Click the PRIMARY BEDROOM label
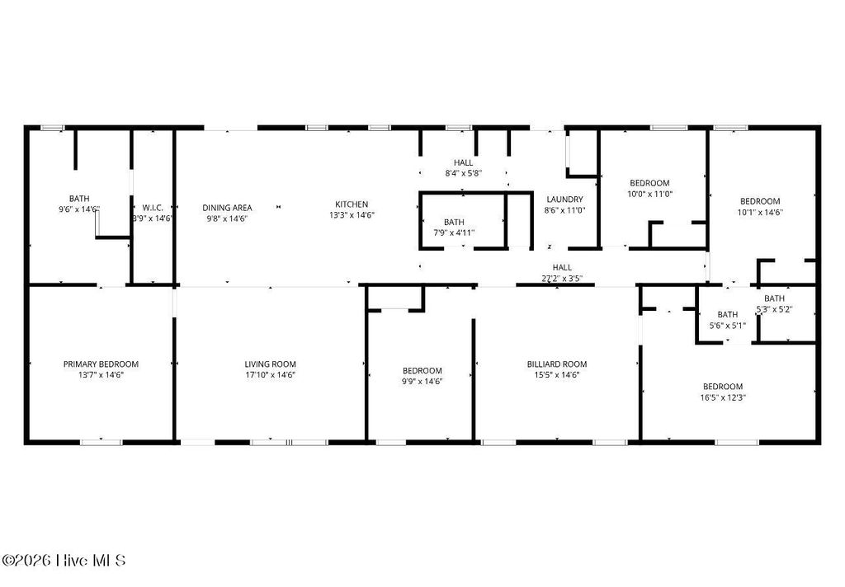pos(101,364)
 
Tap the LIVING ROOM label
pos(270,364)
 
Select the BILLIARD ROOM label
pos(557,364)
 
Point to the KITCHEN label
pos(352,204)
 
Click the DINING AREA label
pos(229,208)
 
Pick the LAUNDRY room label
pos(565,200)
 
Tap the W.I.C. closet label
pos(152,208)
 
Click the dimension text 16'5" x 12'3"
pos(723,397)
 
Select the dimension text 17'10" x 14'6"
pos(270,375)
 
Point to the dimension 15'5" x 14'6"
pos(557,375)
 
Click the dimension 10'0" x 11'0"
pos(650,195)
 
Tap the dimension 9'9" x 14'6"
pos(422,382)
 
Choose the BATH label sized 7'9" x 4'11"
pos(454,222)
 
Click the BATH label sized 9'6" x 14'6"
pos(79,199)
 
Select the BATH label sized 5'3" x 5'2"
pos(774,298)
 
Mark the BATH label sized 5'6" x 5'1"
pos(728,314)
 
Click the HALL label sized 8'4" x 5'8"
pos(464,162)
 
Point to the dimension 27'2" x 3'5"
pos(562,279)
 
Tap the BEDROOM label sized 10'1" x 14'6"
pos(760,201)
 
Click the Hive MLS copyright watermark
pos(64,561)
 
